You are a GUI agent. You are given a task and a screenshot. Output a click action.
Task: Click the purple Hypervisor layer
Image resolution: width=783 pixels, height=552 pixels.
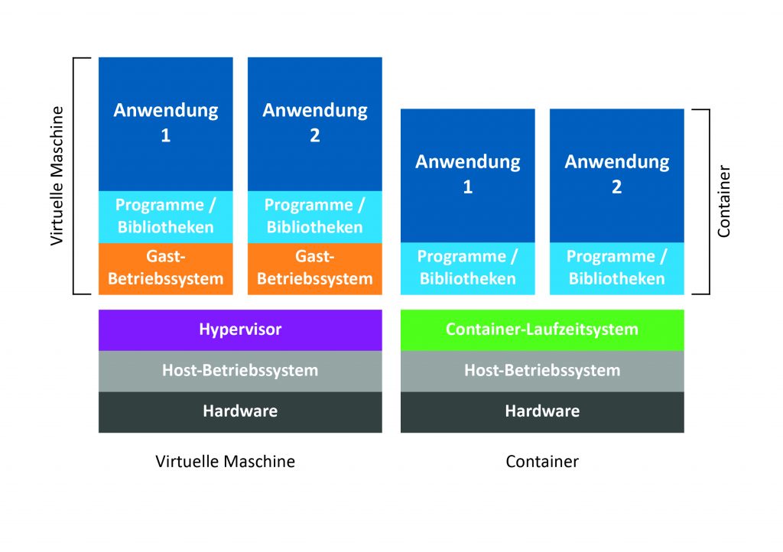[x=240, y=330]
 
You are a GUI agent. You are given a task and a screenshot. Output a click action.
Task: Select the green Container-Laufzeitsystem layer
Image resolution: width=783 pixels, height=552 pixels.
[x=542, y=330]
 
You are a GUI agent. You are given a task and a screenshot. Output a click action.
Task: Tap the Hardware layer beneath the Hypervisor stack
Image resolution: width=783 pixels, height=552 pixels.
[x=240, y=412]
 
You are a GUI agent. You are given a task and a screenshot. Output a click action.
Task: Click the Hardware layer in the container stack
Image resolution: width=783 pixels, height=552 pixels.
[x=542, y=412]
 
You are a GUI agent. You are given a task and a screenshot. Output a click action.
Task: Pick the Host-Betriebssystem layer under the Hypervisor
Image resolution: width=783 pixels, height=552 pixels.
[x=240, y=371]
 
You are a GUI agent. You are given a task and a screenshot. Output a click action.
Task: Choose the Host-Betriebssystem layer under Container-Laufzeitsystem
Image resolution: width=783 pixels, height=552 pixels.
[x=542, y=371]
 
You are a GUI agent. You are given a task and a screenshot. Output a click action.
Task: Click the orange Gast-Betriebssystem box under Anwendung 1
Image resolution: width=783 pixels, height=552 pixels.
[x=166, y=268]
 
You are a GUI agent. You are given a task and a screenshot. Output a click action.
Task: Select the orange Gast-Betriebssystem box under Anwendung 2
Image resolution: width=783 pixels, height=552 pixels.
[x=315, y=268]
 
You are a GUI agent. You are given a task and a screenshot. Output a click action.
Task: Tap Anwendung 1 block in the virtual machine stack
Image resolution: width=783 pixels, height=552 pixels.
[x=166, y=123]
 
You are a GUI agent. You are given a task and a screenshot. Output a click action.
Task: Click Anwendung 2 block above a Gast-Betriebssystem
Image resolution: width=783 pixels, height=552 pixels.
[x=315, y=123]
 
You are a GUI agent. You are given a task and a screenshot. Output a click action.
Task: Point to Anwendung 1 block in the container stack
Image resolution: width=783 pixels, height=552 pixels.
[x=468, y=175]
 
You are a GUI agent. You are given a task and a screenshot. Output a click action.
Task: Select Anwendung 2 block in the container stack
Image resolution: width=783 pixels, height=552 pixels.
[x=617, y=175]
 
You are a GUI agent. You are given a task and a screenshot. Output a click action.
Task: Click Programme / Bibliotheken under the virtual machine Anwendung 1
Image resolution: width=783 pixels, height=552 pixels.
[x=166, y=216]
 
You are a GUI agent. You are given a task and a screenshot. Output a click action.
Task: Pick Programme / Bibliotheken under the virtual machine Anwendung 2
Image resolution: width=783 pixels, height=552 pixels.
[x=315, y=216]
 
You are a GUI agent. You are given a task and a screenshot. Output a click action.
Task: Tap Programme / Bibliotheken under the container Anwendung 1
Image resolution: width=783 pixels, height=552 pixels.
[x=468, y=268]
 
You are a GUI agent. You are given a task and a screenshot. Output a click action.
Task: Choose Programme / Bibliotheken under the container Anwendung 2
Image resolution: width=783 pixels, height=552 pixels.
[x=617, y=268]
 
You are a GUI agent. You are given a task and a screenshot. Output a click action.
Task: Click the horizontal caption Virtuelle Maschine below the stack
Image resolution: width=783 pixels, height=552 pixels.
[x=225, y=462]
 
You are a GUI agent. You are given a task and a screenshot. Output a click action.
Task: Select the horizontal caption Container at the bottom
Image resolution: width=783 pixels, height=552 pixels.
[x=542, y=462]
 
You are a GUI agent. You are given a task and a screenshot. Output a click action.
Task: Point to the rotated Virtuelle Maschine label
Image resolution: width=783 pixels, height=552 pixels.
[x=57, y=175]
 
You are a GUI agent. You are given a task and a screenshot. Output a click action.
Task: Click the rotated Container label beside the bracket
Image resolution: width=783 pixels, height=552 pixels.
[x=724, y=201]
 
